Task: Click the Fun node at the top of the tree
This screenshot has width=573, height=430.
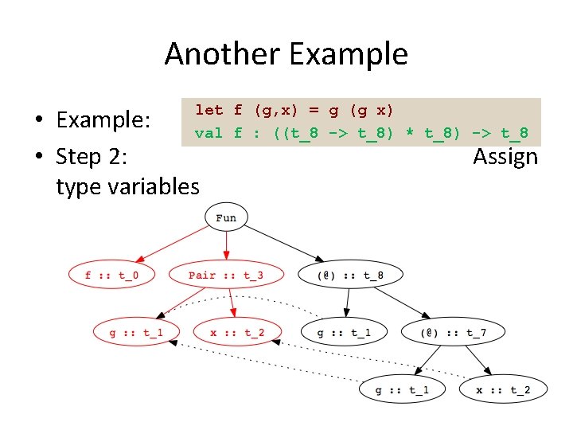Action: [x=226, y=217]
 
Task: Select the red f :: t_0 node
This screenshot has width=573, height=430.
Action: [x=111, y=276]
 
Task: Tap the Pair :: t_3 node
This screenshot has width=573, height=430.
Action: [x=226, y=276]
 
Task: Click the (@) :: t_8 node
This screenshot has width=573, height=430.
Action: [x=349, y=276]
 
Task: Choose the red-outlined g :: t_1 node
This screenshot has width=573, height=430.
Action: [x=135, y=332]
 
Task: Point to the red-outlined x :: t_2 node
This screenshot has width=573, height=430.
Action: [x=238, y=332]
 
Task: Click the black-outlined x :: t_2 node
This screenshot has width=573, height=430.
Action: [x=503, y=389]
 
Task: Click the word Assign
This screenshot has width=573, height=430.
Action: [x=505, y=156]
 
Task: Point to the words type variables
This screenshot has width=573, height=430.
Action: [x=127, y=186]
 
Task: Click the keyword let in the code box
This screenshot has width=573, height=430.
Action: [x=209, y=110]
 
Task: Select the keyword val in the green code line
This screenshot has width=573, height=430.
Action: [x=209, y=133]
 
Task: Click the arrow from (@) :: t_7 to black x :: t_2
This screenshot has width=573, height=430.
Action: [x=476, y=360]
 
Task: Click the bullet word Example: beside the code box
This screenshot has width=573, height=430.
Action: [x=103, y=120]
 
